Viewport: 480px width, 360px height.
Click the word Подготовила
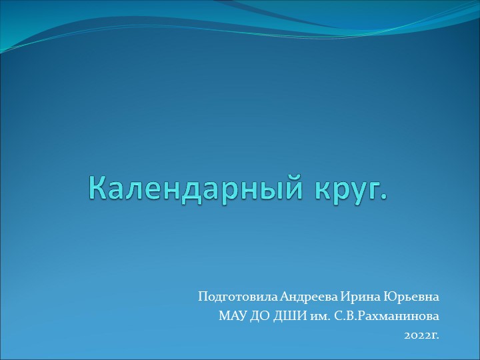point(237,296)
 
